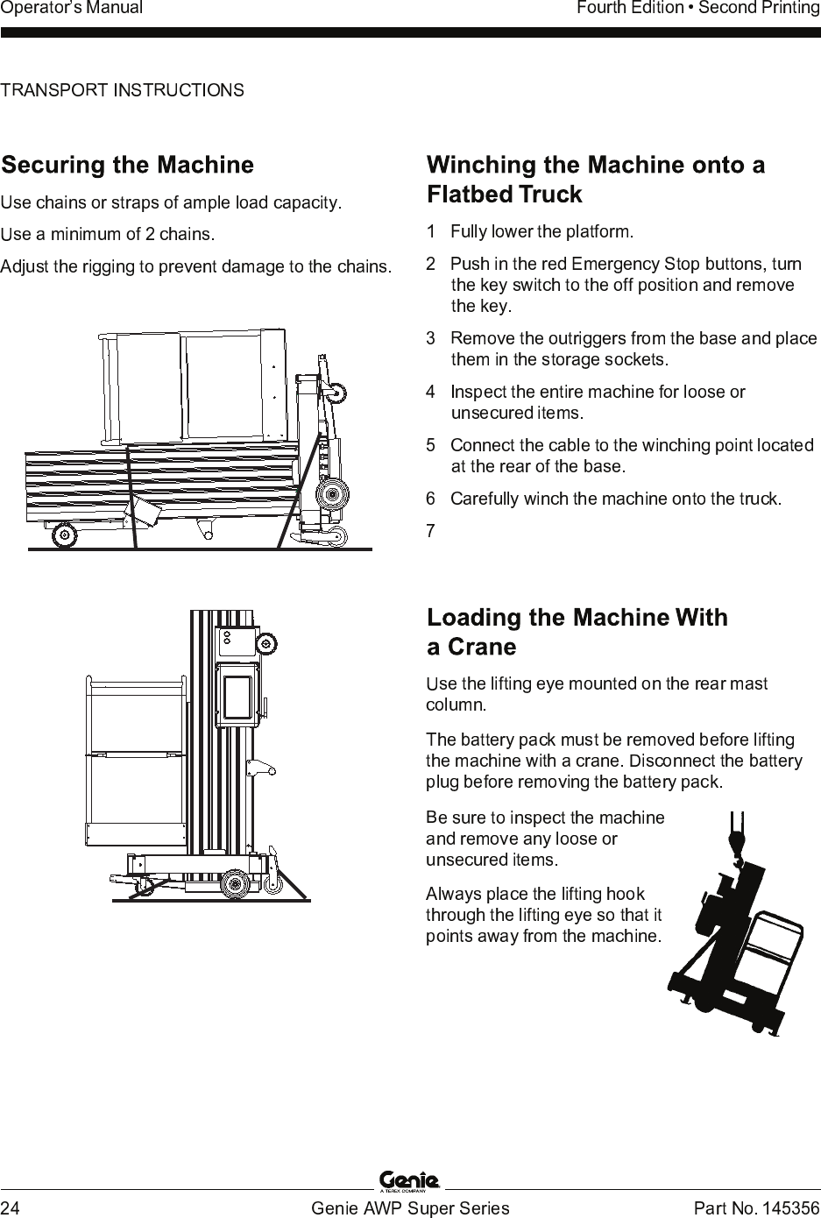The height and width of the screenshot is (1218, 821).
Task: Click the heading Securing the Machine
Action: [127, 165]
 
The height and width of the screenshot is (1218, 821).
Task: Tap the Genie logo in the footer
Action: [409, 1180]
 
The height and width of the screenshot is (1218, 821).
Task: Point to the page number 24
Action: [10, 1207]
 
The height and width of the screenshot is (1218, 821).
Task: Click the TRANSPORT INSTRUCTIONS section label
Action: [123, 89]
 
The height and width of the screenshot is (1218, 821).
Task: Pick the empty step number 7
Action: [430, 531]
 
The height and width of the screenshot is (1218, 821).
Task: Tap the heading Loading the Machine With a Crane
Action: [577, 632]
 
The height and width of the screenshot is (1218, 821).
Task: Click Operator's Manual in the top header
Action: [71, 8]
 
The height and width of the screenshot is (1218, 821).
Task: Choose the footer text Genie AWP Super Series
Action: [410, 1207]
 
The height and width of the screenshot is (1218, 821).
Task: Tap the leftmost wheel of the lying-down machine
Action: [64, 535]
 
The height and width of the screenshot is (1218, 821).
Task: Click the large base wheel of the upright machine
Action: [235, 883]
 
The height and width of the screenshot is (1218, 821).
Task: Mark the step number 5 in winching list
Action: [430, 445]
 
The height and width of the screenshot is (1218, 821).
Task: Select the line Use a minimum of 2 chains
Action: [108, 234]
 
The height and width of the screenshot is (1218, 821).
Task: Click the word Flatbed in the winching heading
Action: [470, 195]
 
